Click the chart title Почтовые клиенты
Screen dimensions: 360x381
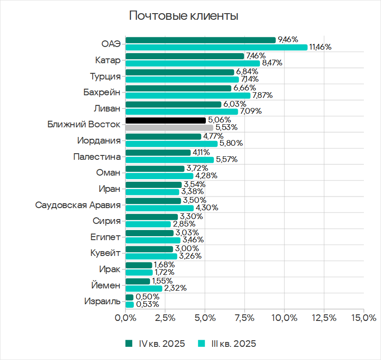click(x=183, y=17)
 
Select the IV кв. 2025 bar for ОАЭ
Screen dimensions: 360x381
click(x=201, y=40)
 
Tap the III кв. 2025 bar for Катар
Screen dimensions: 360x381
click(x=193, y=63)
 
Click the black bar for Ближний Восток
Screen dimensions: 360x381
click(x=165, y=120)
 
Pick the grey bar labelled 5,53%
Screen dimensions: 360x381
click(x=169, y=127)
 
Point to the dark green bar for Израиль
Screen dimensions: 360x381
click(x=129, y=297)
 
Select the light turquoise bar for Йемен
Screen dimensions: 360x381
click(x=144, y=288)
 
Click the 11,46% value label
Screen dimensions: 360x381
click(x=320, y=47)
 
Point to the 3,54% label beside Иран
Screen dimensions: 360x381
click(x=194, y=184)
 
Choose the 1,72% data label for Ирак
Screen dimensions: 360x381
click(x=165, y=272)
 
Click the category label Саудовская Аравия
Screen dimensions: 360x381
click(x=78, y=205)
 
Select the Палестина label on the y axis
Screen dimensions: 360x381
click(x=97, y=157)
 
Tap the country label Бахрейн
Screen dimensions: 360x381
click(x=102, y=93)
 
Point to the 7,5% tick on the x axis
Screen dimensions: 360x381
click(x=244, y=317)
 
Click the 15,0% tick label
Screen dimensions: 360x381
click(x=363, y=317)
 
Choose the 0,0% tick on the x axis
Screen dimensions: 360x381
click(x=126, y=317)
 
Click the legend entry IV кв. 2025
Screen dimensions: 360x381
click(x=162, y=344)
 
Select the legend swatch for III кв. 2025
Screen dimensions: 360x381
click(x=201, y=344)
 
